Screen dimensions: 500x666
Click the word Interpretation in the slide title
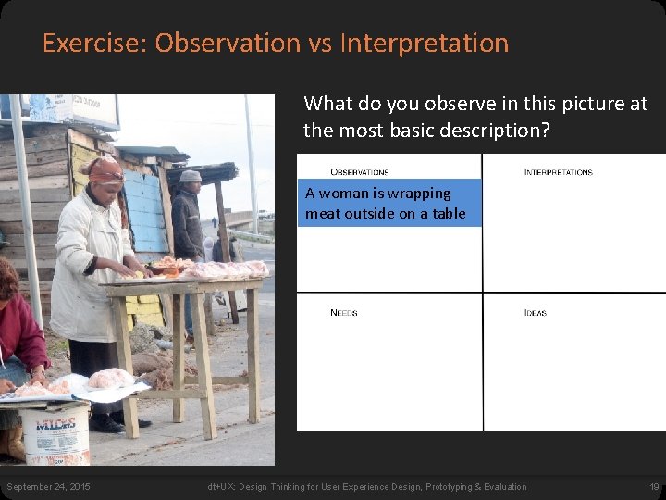425,44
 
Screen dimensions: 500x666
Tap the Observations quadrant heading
359,172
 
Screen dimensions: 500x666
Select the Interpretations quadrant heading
558,172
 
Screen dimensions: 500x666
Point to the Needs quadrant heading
343,313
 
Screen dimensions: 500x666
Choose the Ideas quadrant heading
535,313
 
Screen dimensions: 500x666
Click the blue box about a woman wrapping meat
388,204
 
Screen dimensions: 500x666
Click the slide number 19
653,487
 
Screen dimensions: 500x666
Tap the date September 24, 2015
48,487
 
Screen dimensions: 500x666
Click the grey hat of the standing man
191,176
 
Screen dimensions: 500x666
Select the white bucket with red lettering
55,433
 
